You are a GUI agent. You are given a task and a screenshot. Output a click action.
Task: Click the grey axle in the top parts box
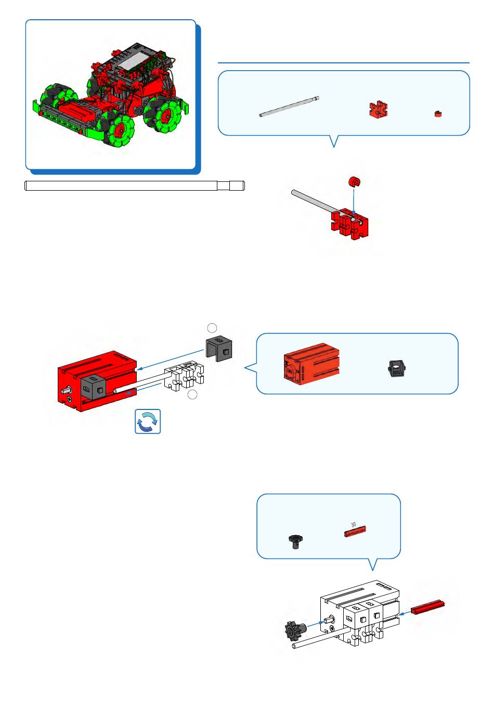click(x=289, y=106)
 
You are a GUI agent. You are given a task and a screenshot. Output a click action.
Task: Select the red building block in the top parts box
click(x=379, y=109)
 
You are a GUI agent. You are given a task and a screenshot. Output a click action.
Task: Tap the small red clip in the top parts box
click(x=438, y=114)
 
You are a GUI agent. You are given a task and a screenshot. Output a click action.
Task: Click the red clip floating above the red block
click(x=354, y=182)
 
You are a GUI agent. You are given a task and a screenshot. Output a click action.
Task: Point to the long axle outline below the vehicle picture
click(x=134, y=185)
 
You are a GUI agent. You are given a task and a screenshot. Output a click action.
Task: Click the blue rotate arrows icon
click(x=148, y=421)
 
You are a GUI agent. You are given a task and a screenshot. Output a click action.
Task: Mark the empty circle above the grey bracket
click(x=212, y=327)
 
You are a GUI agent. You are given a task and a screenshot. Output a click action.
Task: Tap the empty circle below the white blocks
click(x=192, y=395)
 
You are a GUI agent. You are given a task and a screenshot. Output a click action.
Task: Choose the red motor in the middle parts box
click(x=311, y=363)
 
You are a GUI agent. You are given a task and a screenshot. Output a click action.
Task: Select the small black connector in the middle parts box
click(x=397, y=368)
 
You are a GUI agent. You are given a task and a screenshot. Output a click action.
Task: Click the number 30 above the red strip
click(x=354, y=525)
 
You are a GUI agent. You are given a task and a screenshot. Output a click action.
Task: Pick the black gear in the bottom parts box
click(x=295, y=541)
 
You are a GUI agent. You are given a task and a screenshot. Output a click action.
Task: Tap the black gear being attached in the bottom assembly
click(x=294, y=630)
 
